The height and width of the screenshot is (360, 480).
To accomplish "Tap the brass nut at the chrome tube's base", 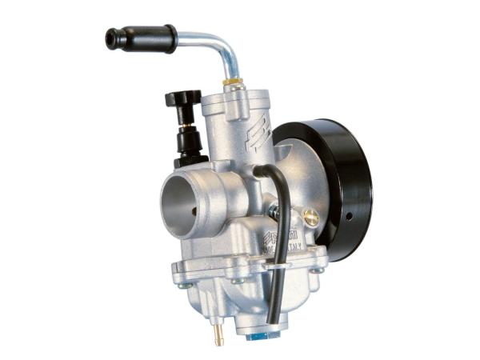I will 231,82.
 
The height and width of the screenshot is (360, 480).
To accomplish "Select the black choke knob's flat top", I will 182,98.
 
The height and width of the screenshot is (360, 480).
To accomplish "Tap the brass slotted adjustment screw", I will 310,215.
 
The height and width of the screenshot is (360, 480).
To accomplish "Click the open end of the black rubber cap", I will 110,38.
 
